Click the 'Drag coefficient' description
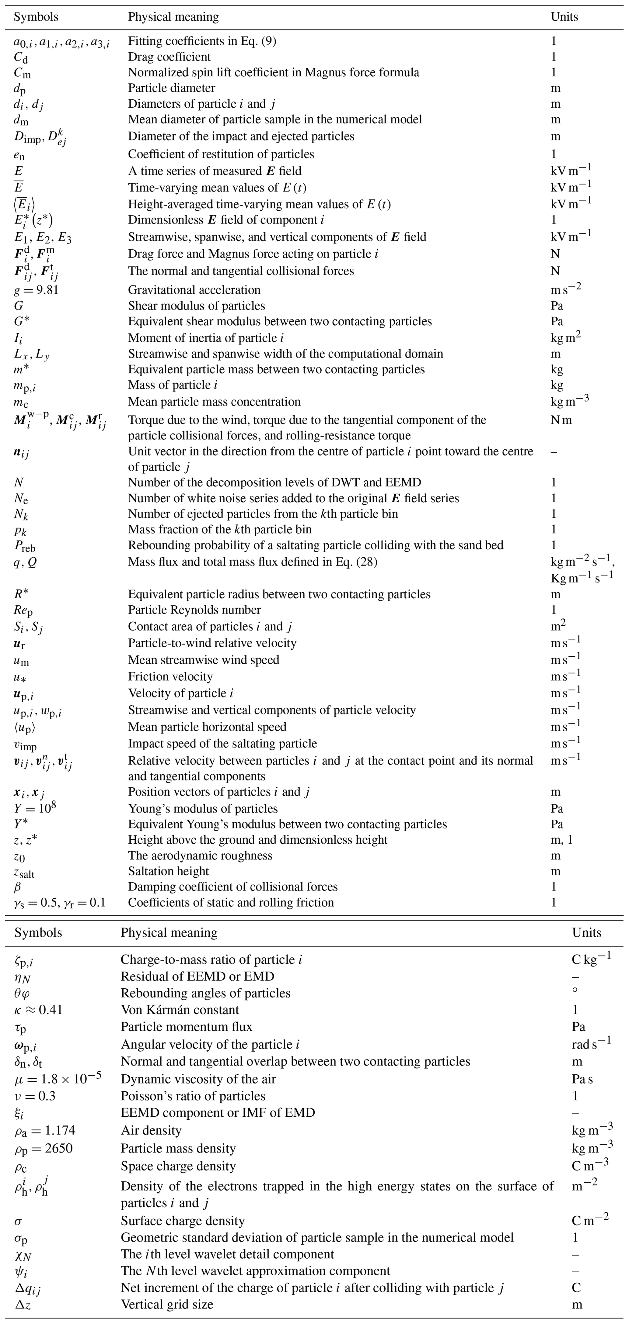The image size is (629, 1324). click(169, 57)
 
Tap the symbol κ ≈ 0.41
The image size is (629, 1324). click(39, 1010)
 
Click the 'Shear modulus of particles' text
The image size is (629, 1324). click(197, 306)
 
